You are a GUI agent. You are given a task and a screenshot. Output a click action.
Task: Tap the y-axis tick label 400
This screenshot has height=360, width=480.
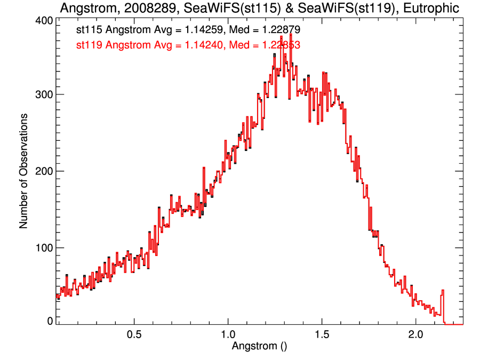click(43, 20)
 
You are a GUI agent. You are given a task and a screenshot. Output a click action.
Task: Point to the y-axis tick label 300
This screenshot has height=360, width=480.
click(43, 94)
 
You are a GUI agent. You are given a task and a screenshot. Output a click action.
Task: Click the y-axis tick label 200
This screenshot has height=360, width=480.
click(43, 171)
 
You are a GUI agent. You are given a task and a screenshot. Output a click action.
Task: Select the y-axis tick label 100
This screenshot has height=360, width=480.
click(43, 247)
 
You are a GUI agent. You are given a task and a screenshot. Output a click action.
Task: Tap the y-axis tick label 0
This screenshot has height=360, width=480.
click(50, 321)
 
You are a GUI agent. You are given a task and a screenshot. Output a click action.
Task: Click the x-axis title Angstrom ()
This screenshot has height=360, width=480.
click(259, 346)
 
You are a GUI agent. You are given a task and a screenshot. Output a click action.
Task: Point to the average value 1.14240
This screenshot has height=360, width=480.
click(198, 46)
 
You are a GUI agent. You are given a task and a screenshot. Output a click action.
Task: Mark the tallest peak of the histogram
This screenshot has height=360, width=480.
click(291, 35)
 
